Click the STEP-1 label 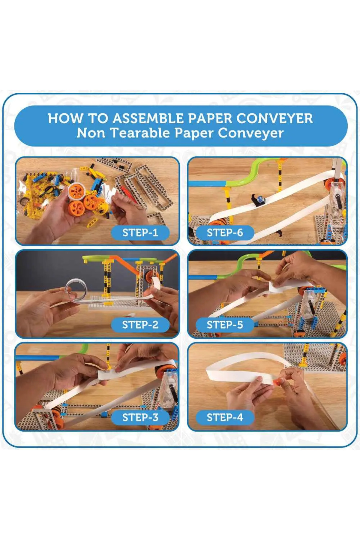(140, 232)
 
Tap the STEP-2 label (140, 325)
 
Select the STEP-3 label (140, 417)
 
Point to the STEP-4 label (225, 417)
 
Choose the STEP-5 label (225, 325)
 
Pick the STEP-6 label (225, 232)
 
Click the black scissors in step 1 (51, 190)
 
